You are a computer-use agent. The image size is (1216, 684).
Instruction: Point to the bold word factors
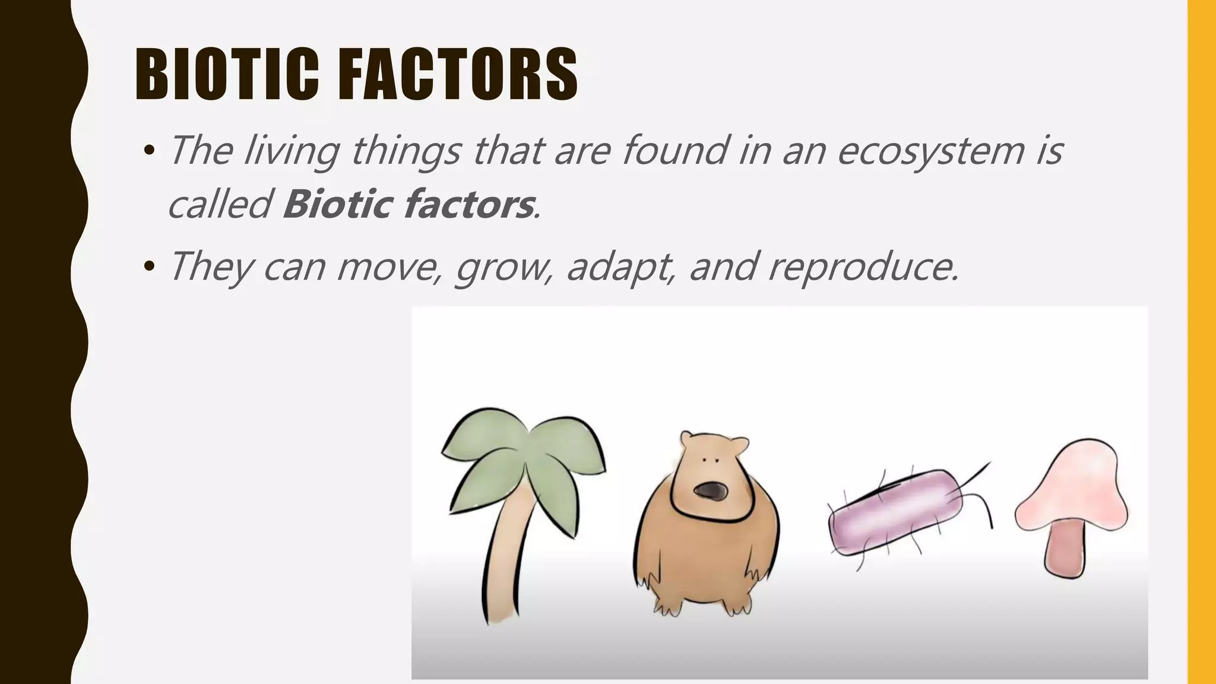[469, 204]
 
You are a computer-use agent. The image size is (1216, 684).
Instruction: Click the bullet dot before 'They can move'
[149, 267]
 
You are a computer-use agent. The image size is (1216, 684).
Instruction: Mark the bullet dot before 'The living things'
[149, 150]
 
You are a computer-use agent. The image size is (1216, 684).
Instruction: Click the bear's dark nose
[710, 491]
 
